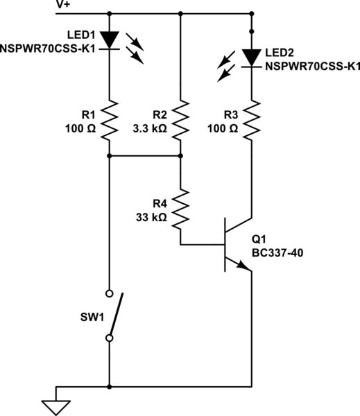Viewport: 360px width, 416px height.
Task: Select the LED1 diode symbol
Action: [x=110, y=40]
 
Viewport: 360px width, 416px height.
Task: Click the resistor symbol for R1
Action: [x=110, y=121]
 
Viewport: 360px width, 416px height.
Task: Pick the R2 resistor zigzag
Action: [x=180, y=121]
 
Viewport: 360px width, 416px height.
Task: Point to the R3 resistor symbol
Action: [x=250, y=121]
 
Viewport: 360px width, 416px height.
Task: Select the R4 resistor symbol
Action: [x=180, y=210]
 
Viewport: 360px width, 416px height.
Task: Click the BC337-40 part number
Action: [x=278, y=252]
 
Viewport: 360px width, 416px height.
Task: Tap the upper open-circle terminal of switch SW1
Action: [x=110, y=293]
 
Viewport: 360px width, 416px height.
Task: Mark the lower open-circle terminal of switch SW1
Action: [x=110, y=338]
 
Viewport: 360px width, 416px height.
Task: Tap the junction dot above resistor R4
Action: [x=180, y=157]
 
